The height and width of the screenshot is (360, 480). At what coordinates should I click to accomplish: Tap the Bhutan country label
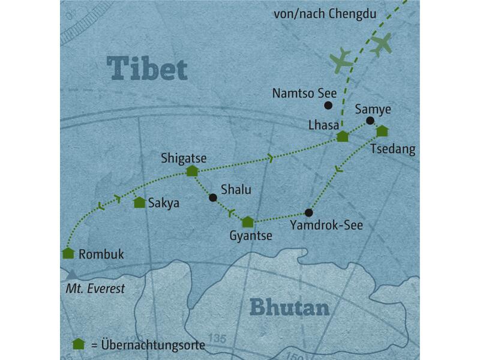(x=289, y=308)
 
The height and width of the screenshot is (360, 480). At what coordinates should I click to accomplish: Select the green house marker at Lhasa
(x=342, y=136)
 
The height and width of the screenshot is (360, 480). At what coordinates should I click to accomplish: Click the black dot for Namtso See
(x=328, y=106)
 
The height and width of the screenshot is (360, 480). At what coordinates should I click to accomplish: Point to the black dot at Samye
(x=370, y=121)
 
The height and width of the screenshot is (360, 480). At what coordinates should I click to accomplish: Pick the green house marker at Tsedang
(x=382, y=131)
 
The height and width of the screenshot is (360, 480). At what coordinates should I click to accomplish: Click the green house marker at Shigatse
(x=192, y=171)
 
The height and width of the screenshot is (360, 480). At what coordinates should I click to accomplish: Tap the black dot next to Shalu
(x=212, y=197)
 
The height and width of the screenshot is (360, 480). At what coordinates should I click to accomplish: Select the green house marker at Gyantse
(x=247, y=222)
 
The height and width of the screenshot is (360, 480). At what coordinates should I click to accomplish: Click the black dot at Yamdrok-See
(x=309, y=212)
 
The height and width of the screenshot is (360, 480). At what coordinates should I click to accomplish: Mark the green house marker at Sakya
(x=139, y=203)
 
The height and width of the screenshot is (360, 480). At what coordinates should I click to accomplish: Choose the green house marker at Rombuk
(x=68, y=253)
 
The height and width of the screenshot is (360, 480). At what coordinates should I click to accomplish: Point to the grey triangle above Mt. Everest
(x=72, y=274)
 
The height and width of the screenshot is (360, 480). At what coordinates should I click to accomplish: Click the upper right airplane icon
(x=381, y=44)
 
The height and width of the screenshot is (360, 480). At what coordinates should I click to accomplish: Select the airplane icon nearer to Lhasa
(x=342, y=60)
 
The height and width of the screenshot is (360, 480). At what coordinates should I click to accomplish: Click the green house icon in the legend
(x=77, y=344)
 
